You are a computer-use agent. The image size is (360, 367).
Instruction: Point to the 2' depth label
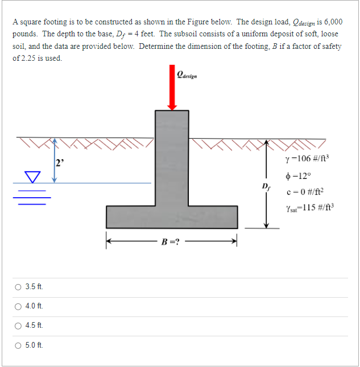[59, 163]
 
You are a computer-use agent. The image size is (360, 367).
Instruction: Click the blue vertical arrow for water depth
[54, 160]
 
